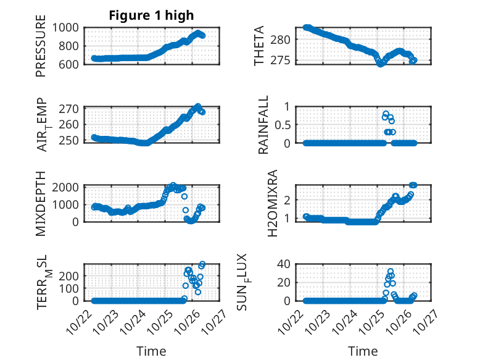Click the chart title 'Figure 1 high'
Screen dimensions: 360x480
point(151,15)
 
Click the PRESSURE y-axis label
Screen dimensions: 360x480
point(41,50)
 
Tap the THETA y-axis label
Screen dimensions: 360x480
point(259,46)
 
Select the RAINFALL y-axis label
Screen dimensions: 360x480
point(263,124)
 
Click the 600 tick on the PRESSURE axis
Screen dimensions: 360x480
point(70,64)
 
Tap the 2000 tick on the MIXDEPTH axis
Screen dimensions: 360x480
point(67,186)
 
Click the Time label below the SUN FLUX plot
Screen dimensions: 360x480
point(363,351)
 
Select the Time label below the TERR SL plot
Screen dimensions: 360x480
point(151,351)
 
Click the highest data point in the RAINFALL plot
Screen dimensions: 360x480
point(386,114)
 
